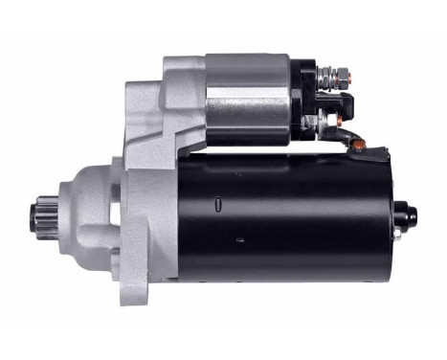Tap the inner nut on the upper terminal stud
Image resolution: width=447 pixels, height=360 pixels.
pos(326,73)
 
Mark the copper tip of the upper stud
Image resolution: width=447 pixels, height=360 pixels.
pos(349,73)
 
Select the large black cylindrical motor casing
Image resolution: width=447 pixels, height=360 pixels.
pos(278,215)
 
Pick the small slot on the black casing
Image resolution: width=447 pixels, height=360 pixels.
pos(219,202)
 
